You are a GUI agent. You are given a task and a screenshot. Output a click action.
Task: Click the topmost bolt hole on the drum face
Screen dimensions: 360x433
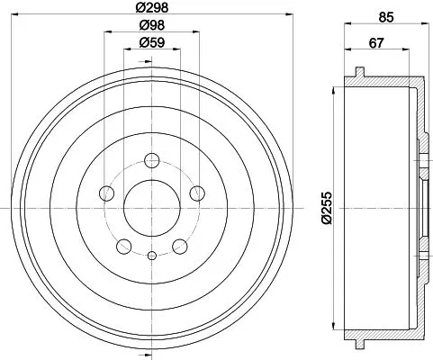coord(151,161)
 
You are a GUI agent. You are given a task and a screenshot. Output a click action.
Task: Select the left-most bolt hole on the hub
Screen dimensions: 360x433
coord(107,193)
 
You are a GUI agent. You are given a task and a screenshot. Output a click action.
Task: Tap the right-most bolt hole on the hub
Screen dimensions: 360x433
coord(195,193)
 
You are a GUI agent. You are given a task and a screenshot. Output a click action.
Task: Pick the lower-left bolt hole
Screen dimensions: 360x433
coord(124,244)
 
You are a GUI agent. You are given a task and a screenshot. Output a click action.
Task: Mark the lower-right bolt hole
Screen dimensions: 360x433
coord(178,244)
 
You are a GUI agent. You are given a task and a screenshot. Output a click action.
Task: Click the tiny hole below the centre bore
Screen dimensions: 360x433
coord(151,256)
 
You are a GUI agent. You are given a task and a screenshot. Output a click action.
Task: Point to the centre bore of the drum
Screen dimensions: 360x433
coord(151,207)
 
